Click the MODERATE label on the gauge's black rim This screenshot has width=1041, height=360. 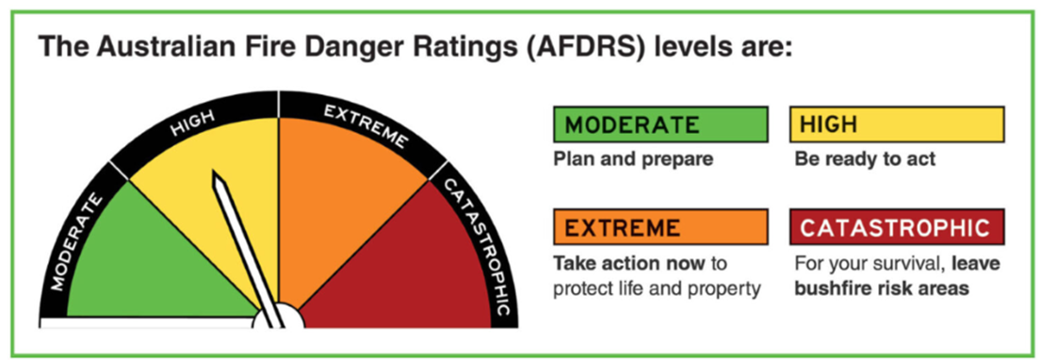76,243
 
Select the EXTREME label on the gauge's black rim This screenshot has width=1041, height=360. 365,125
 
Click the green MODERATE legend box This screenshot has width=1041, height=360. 660,124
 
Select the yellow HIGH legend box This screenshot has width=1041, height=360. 897,124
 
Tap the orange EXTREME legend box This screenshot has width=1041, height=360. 660,227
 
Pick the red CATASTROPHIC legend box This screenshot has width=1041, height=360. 897,227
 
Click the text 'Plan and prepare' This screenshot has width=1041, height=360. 633,159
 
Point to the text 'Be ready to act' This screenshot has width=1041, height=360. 865,159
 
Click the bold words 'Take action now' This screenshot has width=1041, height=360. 628,264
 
